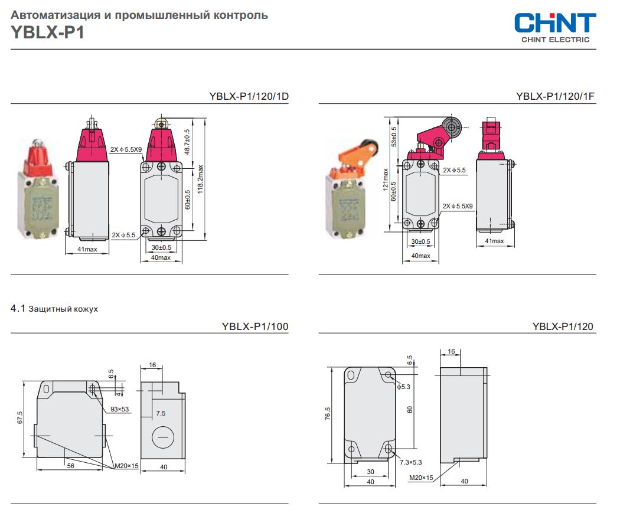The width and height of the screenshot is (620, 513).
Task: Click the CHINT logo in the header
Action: pyautogui.click(x=555, y=28)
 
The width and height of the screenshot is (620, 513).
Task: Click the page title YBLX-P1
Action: pyautogui.click(x=48, y=32)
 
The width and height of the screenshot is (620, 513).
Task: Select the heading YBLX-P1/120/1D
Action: pyautogui.click(x=249, y=96)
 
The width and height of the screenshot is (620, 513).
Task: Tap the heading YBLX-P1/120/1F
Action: pyautogui.click(x=555, y=96)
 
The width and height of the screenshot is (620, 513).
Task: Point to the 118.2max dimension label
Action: pyautogui.click(x=200, y=179)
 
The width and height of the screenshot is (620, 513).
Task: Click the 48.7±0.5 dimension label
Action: pyautogui.click(x=187, y=142)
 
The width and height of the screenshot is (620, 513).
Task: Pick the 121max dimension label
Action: pyautogui.click(x=386, y=179)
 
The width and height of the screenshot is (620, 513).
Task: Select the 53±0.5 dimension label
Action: pyautogui.click(x=394, y=136)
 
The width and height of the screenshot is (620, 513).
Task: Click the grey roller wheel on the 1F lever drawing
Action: pyautogui.click(x=452, y=127)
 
